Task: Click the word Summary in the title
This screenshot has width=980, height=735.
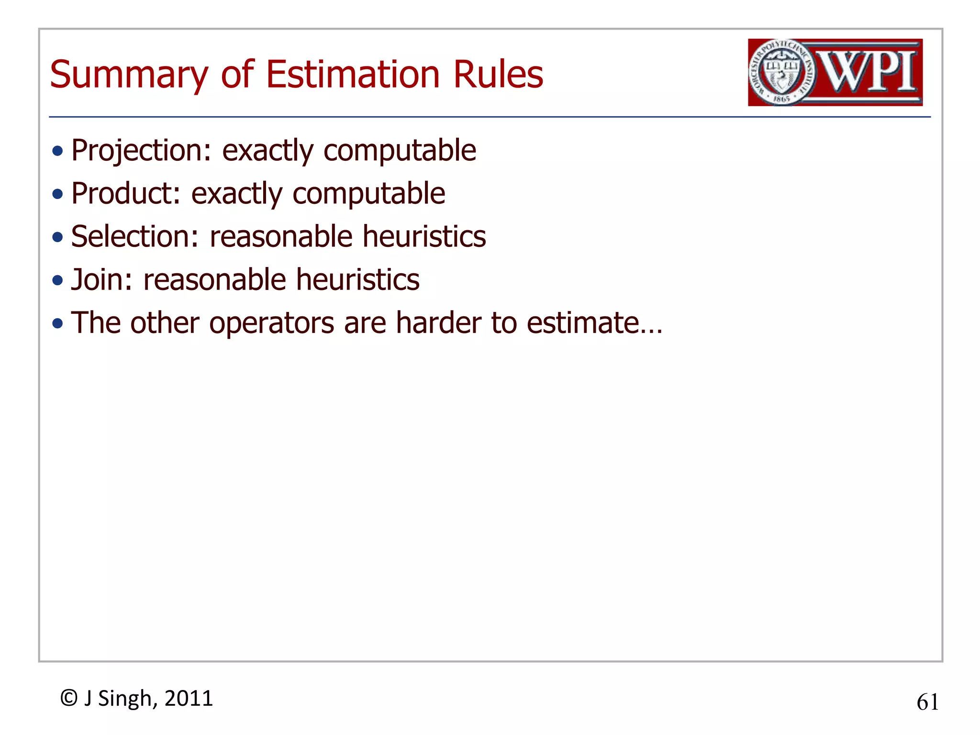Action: [129, 75]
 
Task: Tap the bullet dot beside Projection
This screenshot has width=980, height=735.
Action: [58, 152]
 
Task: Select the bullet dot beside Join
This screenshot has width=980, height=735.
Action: [58, 281]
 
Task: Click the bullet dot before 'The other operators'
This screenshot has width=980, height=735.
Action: [58, 324]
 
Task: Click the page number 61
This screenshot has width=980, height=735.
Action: [927, 702]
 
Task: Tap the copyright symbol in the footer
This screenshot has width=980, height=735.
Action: [69, 698]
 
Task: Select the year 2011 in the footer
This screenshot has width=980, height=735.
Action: [189, 699]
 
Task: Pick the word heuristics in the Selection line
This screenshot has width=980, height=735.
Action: [424, 237]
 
